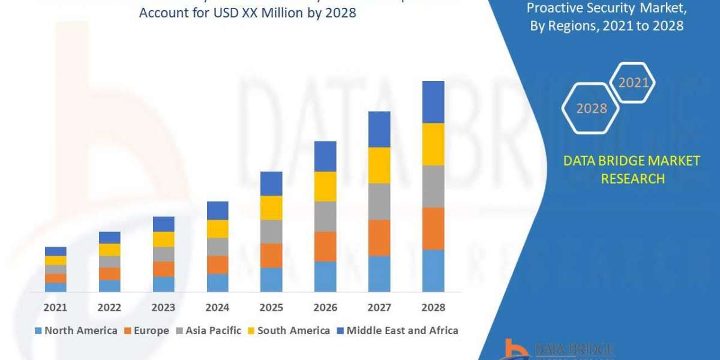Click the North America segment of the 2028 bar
point(433,271)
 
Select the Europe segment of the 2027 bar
point(379,238)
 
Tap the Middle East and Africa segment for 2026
point(325,156)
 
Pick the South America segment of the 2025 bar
point(271,208)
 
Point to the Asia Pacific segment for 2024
point(217,247)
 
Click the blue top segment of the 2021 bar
point(56,251)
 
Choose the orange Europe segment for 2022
point(110,274)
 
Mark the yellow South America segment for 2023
point(163,239)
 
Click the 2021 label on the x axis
point(55,307)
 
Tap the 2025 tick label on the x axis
point(271,307)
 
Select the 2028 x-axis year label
point(433,307)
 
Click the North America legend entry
point(76,331)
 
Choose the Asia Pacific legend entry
point(208,331)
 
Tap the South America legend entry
point(287,331)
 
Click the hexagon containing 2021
point(632,83)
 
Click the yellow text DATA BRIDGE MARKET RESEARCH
point(632,169)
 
